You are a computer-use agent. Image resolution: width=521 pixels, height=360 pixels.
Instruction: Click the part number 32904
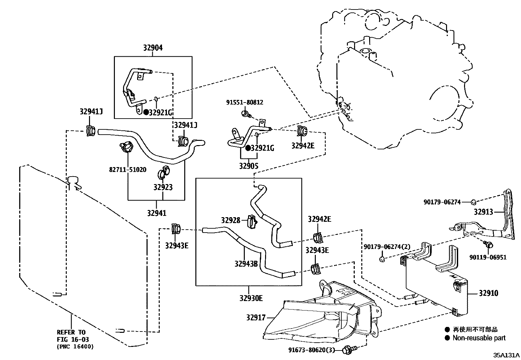pos(153,48)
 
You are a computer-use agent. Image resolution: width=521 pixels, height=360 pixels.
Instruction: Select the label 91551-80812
pos(244,102)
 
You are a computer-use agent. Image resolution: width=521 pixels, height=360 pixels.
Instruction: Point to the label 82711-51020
pos(128,170)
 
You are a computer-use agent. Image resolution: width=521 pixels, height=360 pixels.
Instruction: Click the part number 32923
pos(163,187)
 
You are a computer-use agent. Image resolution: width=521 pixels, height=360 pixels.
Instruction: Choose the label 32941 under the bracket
pos(156,213)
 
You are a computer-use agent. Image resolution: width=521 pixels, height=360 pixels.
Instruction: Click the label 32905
pos(248,166)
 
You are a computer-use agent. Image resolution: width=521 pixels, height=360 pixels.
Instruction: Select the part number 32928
pos(230,220)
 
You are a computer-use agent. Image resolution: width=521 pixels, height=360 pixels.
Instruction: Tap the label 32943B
pos(246,263)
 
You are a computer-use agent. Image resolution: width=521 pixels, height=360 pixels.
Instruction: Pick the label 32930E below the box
pos(251,298)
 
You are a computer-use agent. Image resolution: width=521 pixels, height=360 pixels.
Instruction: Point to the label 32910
pos(488,293)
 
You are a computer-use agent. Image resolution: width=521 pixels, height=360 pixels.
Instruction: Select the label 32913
pos(483,212)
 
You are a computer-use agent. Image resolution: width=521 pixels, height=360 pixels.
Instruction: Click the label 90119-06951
pos(488,257)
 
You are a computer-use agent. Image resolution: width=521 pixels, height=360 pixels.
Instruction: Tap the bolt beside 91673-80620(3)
pos(347,351)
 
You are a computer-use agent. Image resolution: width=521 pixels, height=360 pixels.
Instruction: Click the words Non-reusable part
pos(479,338)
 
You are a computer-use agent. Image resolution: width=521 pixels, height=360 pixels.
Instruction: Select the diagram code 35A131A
pos(506,355)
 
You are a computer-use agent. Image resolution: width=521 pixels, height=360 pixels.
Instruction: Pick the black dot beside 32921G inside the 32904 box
pos(146,112)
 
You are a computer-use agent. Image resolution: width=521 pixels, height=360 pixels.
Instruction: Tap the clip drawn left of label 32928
pos(252,222)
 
